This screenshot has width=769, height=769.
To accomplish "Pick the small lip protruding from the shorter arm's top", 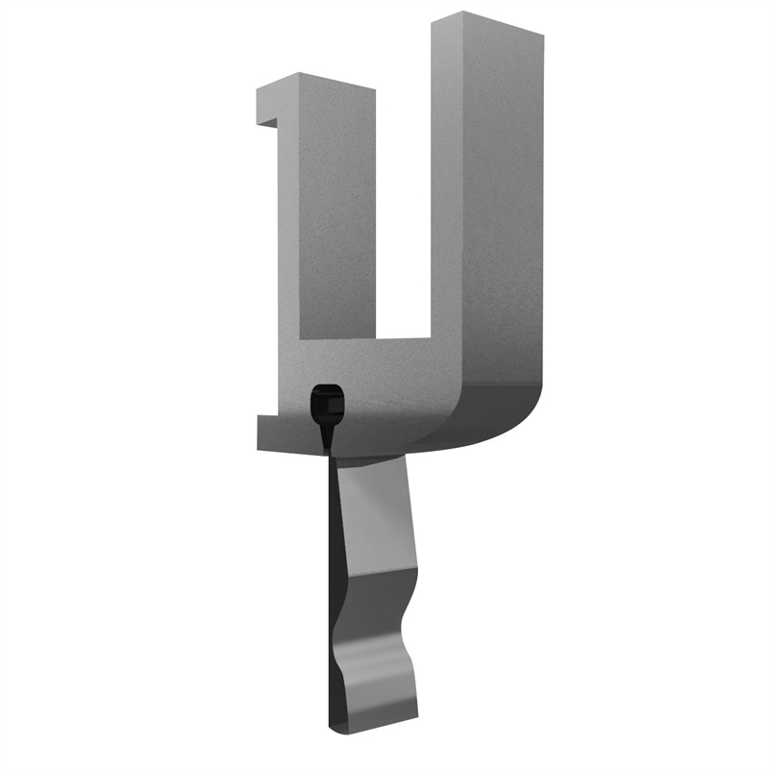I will (267, 106).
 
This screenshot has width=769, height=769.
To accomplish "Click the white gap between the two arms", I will (403, 211).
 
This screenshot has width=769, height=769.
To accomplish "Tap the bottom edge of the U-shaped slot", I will (365, 339).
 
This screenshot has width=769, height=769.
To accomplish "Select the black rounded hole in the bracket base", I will (327, 404).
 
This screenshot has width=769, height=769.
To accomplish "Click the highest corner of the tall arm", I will (463, 12).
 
